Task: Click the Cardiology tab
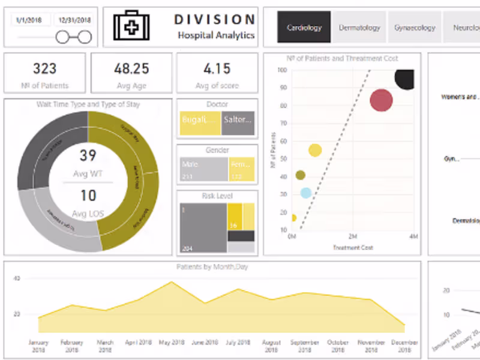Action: tap(304, 28)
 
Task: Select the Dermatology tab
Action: tap(359, 28)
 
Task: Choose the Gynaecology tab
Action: tap(415, 28)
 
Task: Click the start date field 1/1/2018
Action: tap(29, 20)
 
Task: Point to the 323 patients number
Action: tap(45, 68)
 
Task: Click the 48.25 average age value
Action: tap(131, 68)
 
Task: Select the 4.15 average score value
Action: tap(217, 68)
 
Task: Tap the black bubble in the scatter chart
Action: tap(405, 79)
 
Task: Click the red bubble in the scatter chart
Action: tap(381, 100)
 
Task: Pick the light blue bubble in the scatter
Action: tap(306, 193)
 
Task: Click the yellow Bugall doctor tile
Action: tap(200, 123)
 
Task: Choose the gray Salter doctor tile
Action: tap(238, 123)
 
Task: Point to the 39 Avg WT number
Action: tap(88, 156)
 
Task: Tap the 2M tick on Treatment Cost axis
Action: tap(353, 237)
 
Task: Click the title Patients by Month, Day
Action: tap(212, 267)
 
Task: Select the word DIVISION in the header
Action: tap(215, 20)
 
